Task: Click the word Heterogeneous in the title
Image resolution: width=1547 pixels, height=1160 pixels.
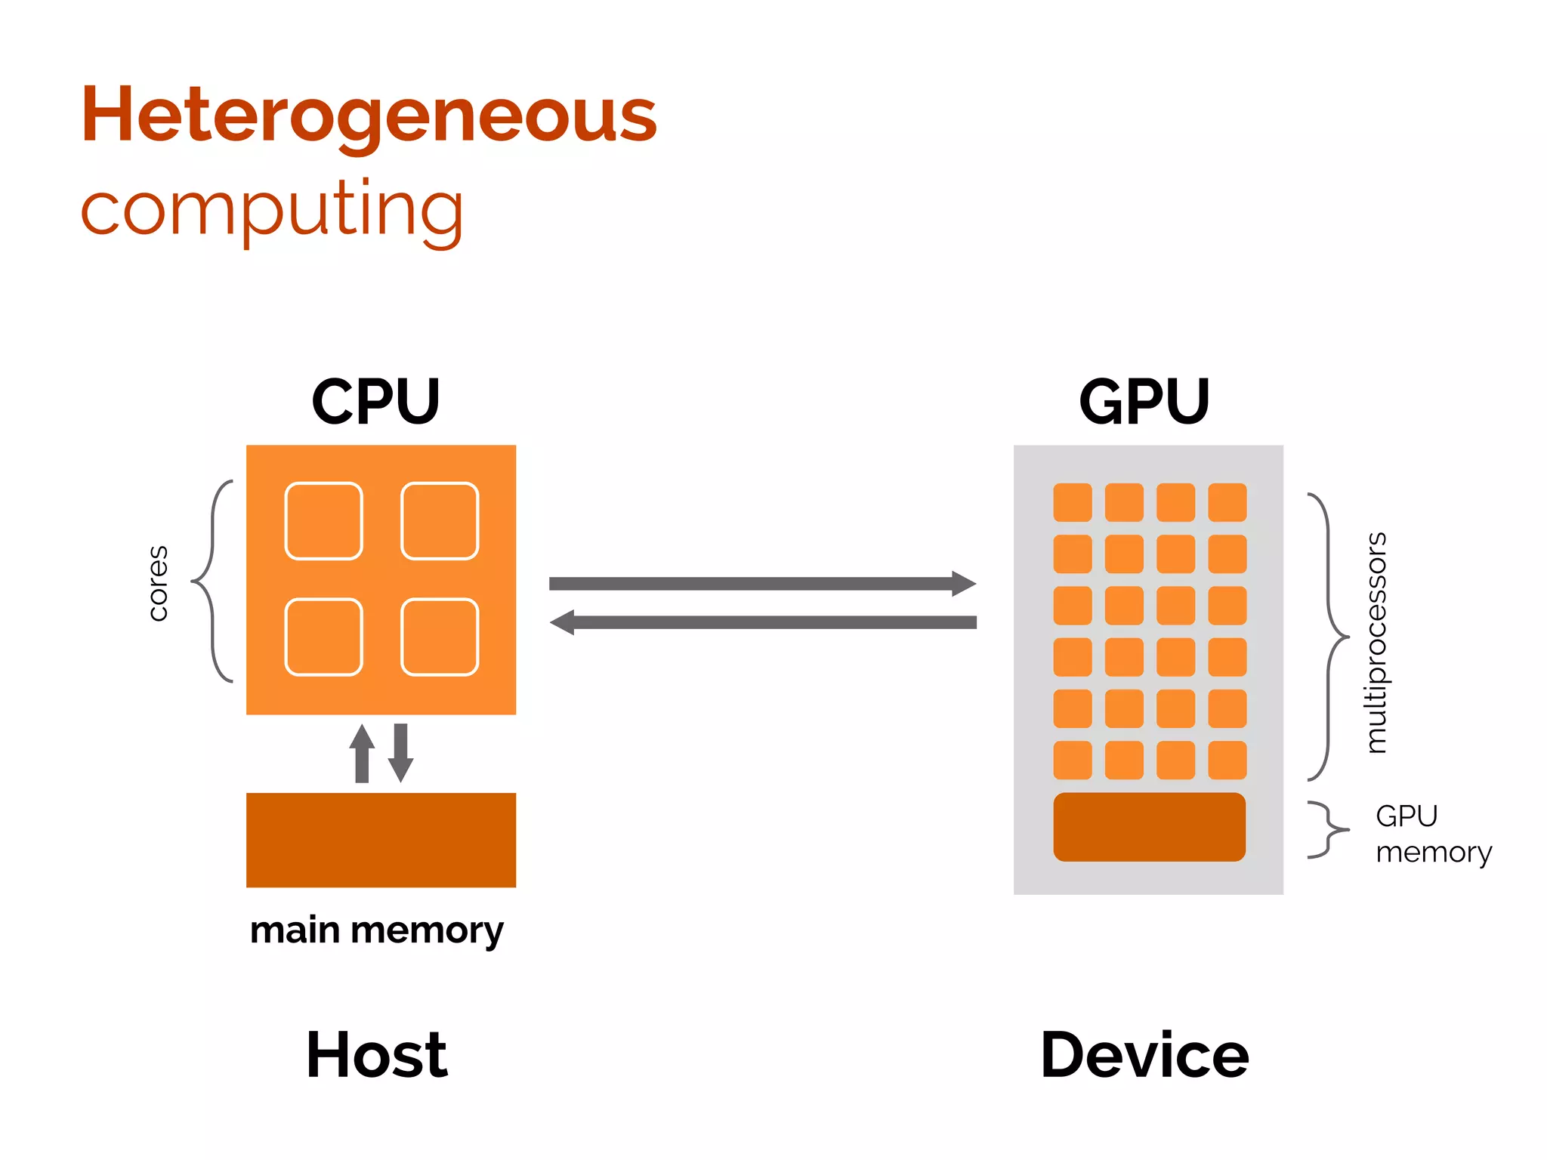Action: pos(369,115)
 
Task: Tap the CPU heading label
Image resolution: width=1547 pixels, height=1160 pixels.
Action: pos(375,401)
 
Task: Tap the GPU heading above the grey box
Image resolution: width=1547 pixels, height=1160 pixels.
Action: pos(1144,401)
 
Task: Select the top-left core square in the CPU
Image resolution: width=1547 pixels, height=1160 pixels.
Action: pos(323,521)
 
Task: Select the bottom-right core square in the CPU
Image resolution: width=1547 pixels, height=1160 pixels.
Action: pos(440,637)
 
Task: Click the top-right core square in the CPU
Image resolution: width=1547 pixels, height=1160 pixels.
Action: pos(440,521)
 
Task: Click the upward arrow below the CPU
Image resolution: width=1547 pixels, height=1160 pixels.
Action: pos(362,753)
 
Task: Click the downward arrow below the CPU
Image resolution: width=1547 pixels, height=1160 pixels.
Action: pos(401,753)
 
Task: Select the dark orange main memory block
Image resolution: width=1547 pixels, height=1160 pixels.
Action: pos(381,840)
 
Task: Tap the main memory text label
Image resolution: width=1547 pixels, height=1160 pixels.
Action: pos(376,930)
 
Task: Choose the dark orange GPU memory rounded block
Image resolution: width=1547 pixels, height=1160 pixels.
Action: pos(1149,827)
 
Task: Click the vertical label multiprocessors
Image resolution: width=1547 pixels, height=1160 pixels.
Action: pos(1376,642)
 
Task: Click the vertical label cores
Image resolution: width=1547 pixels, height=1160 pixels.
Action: pos(157,583)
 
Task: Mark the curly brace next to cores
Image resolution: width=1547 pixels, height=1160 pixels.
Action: pos(212,582)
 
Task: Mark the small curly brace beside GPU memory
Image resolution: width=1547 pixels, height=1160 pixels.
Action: pos(1328,829)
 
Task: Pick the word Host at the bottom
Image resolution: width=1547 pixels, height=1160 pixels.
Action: pos(376,1055)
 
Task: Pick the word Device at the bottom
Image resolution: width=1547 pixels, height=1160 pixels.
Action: pos(1144,1055)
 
